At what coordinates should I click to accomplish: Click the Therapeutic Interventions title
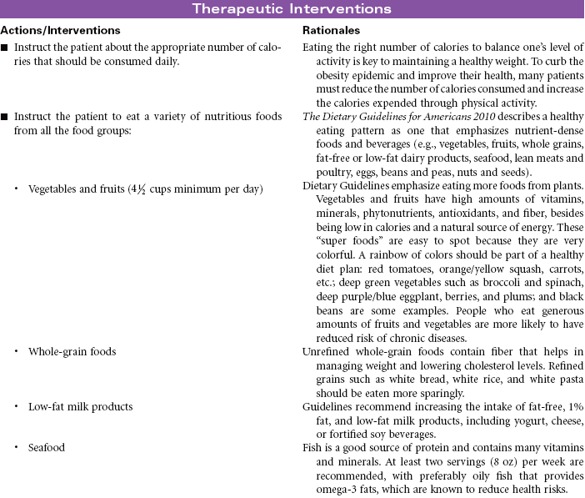[x=292, y=9]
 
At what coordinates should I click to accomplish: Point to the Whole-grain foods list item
[x=72, y=352]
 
